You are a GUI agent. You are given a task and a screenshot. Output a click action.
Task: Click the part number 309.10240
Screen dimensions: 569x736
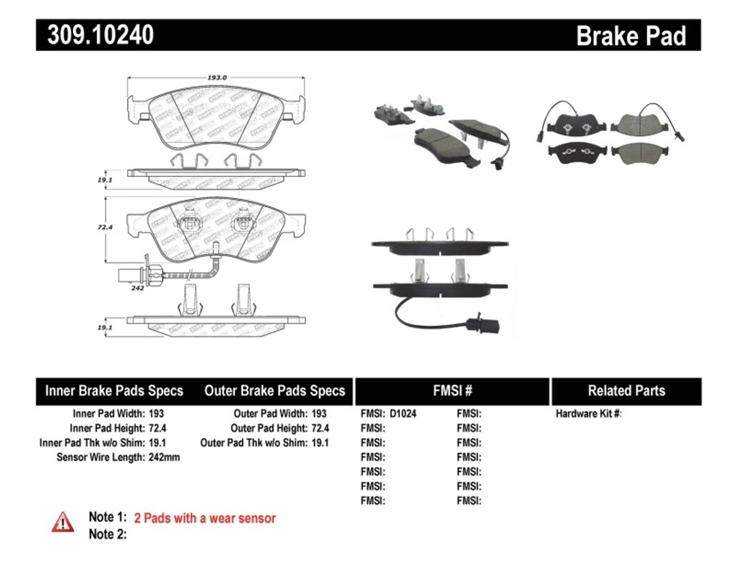(x=101, y=34)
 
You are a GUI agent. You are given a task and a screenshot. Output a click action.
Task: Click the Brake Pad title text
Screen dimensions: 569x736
(x=631, y=36)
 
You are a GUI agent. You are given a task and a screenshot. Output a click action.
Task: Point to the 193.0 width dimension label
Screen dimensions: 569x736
(x=217, y=78)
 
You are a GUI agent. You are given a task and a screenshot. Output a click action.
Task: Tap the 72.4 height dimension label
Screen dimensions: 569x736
(x=105, y=228)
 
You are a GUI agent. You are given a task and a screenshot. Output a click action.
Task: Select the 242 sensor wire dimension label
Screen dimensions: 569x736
(x=137, y=288)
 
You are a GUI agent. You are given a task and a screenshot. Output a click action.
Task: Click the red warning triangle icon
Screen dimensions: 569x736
(x=63, y=522)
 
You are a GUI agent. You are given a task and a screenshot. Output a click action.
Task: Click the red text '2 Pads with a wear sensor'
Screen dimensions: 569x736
(x=205, y=518)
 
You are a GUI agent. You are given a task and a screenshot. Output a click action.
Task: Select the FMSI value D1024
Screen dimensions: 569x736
(x=402, y=414)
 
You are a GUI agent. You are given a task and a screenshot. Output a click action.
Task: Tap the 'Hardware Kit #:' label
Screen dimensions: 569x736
(x=588, y=414)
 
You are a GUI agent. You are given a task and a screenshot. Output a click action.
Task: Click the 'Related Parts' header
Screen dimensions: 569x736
(x=626, y=391)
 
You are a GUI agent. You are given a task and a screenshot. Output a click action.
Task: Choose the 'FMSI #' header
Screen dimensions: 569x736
(x=453, y=391)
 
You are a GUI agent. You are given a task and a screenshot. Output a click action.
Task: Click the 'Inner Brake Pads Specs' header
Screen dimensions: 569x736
(x=114, y=391)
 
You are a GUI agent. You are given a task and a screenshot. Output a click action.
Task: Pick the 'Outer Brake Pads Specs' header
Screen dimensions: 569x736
(x=275, y=391)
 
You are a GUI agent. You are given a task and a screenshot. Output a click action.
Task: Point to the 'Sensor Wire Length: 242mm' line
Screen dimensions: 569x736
(x=118, y=457)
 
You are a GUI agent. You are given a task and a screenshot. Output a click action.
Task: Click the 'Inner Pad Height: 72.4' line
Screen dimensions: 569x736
(x=118, y=428)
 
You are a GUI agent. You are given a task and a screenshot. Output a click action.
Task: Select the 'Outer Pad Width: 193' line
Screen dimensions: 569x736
(x=279, y=414)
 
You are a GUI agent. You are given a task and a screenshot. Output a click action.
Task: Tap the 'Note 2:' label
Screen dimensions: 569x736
(x=108, y=535)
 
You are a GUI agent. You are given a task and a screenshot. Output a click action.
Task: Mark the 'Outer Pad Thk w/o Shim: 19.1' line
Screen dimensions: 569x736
(x=264, y=443)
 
